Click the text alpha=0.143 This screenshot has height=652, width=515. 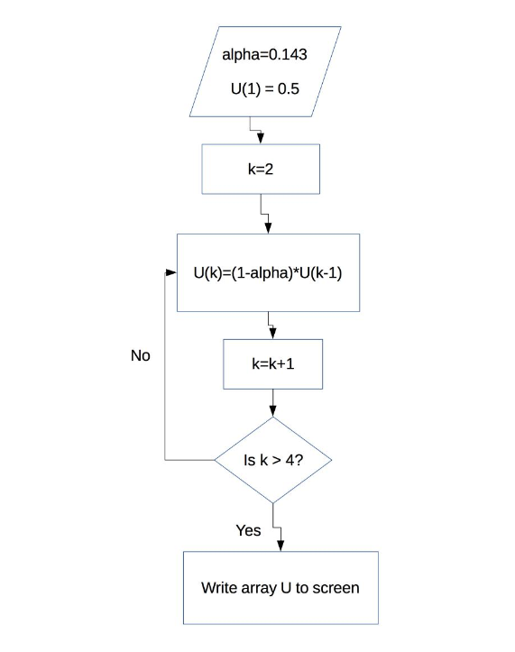(x=264, y=55)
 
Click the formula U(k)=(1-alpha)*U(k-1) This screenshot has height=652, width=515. (x=267, y=272)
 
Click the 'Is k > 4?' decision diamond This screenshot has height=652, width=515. (x=273, y=460)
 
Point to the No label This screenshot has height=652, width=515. (x=140, y=355)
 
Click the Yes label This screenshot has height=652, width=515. (x=248, y=530)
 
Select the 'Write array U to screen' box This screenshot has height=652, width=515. (x=280, y=588)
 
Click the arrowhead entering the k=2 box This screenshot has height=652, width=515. (x=262, y=137)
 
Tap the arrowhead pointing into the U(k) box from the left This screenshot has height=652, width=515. (x=170, y=272)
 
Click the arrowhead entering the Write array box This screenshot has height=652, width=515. (x=280, y=545)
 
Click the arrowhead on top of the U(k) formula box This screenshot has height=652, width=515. (x=268, y=227)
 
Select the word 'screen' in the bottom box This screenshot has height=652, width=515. (x=336, y=588)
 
